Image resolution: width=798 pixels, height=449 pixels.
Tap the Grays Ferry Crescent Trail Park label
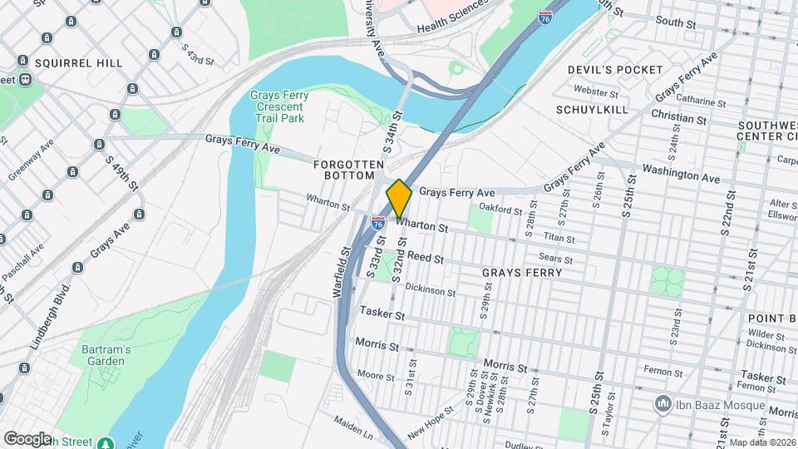pyautogui.click(x=279, y=106)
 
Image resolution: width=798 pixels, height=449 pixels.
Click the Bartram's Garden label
pyautogui.click(x=106, y=355)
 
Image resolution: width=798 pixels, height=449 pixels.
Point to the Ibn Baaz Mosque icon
pyautogui.click(x=663, y=405)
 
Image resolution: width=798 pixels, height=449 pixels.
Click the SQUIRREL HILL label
pyautogui.click(x=78, y=62)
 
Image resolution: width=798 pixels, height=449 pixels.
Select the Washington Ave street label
pyautogui.click(x=681, y=177)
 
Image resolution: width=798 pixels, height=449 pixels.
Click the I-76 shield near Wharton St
pyautogui.click(x=378, y=223)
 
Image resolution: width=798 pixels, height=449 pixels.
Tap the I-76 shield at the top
pyautogui.click(x=544, y=17)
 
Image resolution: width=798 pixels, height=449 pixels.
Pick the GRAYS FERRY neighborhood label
pyautogui.click(x=522, y=272)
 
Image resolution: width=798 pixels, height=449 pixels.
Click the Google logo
pyautogui.click(x=27, y=438)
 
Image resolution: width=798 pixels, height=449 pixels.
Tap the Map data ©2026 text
pyautogui.click(x=762, y=443)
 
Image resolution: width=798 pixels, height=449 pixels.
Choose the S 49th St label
pyautogui.click(x=121, y=165)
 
